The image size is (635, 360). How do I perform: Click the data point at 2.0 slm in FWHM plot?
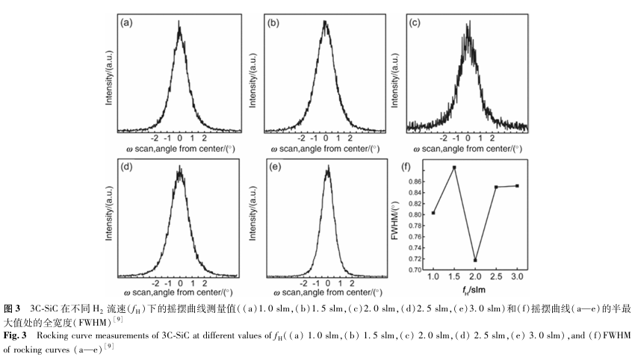pyautogui.click(x=475, y=260)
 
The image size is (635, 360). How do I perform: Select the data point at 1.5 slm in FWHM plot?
pyautogui.click(x=454, y=167)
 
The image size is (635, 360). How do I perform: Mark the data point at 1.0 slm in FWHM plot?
pyautogui.click(x=433, y=213)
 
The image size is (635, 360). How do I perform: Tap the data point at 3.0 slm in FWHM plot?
pyautogui.click(x=517, y=185)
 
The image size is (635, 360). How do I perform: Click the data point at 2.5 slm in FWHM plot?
pyautogui.click(x=496, y=187)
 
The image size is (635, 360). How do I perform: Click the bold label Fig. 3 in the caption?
pyautogui.click(x=14, y=334)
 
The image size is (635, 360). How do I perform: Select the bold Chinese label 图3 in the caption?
pyautogui.click(x=13, y=308)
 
